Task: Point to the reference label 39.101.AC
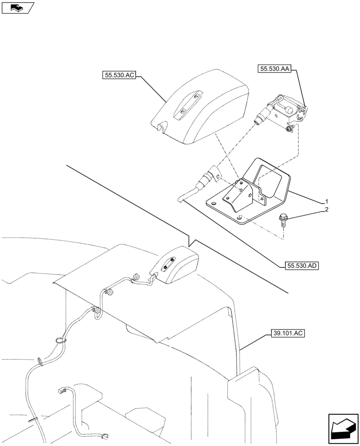287,333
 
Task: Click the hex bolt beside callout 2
284,219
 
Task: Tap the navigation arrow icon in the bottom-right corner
343,429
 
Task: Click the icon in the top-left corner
18,8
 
